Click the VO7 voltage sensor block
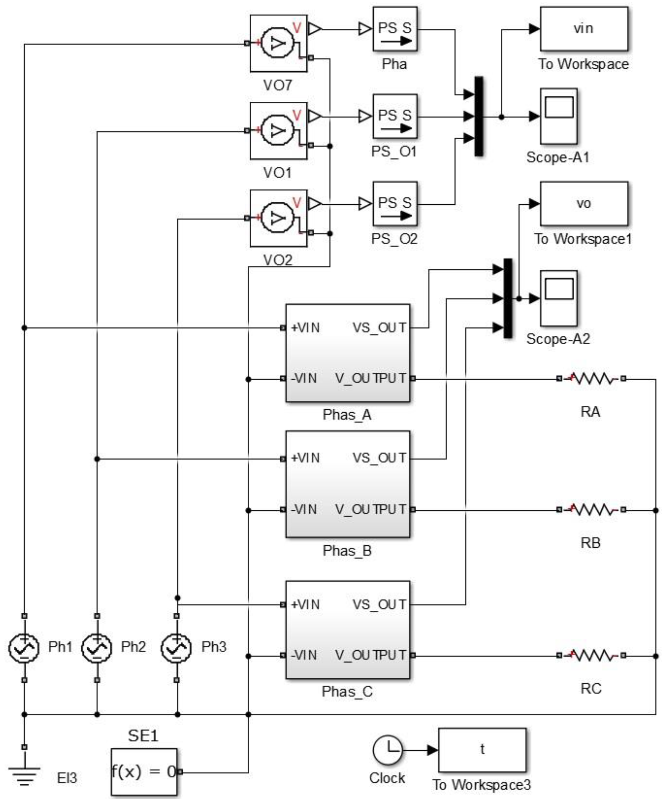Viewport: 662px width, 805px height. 278,43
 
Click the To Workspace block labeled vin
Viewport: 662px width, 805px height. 584,29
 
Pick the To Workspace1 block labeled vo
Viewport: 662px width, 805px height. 584,204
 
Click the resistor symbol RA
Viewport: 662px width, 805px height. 591,379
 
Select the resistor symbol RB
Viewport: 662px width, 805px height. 591,510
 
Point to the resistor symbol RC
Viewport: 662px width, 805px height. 591,656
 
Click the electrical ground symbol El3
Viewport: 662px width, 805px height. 24,774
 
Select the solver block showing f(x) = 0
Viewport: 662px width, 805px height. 144,772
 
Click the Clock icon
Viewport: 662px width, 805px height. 387,750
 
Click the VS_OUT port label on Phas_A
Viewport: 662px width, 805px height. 379,328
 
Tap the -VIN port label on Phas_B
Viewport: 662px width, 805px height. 304,510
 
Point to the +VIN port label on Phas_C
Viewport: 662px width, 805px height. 305,604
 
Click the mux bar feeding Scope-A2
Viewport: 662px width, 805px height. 508,298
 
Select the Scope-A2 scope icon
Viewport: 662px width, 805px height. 558,298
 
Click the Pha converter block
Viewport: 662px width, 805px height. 395,29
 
